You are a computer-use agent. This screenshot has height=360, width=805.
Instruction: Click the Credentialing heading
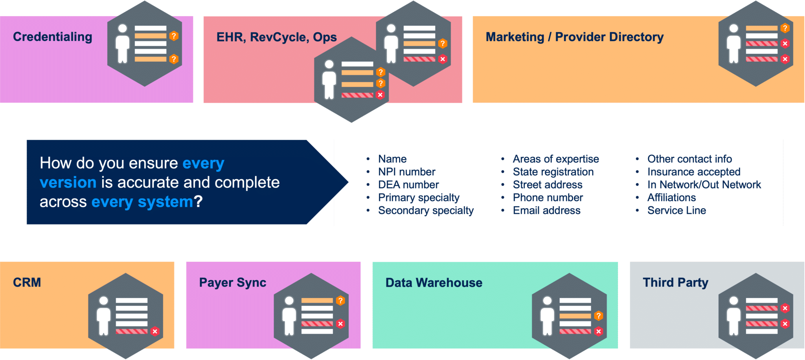[x=53, y=37]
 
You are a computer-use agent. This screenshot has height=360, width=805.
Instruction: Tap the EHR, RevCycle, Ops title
[x=276, y=37]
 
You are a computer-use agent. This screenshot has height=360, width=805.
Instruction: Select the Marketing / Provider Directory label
[x=574, y=37]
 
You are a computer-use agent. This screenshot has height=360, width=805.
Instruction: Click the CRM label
[x=27, y=283]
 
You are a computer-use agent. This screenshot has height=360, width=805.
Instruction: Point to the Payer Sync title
[x=232, y=283]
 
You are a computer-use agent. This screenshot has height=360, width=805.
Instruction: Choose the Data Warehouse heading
[x=434, y=283]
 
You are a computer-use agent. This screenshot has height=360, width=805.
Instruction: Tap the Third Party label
[x=675, y=283]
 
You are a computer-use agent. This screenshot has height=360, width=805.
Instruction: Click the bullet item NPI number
[x=406, y=172]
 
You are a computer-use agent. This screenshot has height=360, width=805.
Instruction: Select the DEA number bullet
[x=408, y=185]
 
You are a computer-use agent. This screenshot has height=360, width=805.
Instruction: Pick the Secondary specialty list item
[x=426, y=211]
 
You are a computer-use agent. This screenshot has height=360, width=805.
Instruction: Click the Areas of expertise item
[x=555, y=159]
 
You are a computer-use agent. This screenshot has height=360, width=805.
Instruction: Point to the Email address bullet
[x=546, y=211]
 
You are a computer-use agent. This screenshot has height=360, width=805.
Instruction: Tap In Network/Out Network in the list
[x=704, y=185]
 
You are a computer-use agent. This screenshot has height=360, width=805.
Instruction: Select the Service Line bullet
[x=676, y=211]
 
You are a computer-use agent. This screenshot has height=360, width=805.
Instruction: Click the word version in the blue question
[x=68, y=183]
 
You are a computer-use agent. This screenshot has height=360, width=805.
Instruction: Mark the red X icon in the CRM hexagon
[x=155, y=331]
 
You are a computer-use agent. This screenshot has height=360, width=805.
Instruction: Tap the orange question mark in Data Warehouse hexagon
[x=598, y=316]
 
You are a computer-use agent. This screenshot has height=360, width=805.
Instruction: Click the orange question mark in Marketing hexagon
[x=785, y=28]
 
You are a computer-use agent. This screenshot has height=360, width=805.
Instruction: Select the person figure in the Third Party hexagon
[x=733, y=316]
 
